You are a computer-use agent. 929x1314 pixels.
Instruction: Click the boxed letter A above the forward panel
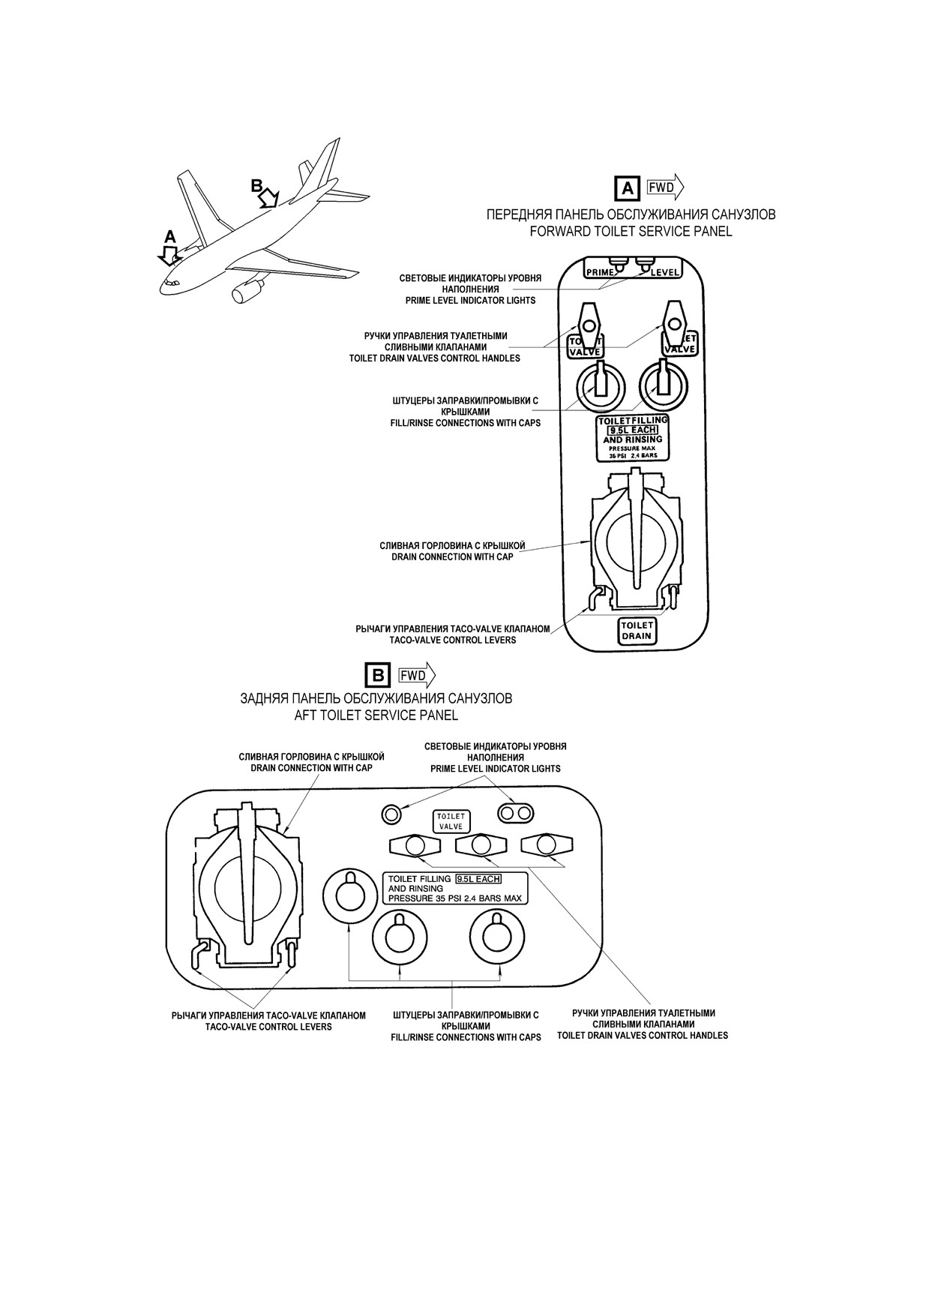(x=627, y=187)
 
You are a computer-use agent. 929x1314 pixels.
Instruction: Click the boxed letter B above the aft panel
(x=378, y=675)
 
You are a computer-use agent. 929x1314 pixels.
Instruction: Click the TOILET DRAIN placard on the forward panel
(x=637, y=631)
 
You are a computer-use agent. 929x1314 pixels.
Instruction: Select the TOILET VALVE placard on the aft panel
(x=451, y=821)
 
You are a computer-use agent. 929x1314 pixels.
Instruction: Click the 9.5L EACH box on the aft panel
(x=478, y=878)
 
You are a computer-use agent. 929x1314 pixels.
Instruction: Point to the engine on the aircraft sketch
(x=246, y=291)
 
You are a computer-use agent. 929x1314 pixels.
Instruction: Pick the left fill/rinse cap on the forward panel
(x=599, y=385)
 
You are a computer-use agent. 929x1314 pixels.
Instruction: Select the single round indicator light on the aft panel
(x=391, y=813)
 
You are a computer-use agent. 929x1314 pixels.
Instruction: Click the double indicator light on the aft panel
(x=517, y=813)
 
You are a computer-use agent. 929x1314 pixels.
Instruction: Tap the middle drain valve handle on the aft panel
(x=480, y=845)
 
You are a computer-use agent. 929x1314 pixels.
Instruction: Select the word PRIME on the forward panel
(x=600, y=273)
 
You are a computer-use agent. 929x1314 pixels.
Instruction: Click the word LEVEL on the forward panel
(x=664, y=272)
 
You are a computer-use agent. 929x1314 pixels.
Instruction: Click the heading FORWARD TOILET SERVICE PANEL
(x=631, y=232)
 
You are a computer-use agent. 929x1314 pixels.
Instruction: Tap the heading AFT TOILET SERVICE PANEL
(x=376, y=715)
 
